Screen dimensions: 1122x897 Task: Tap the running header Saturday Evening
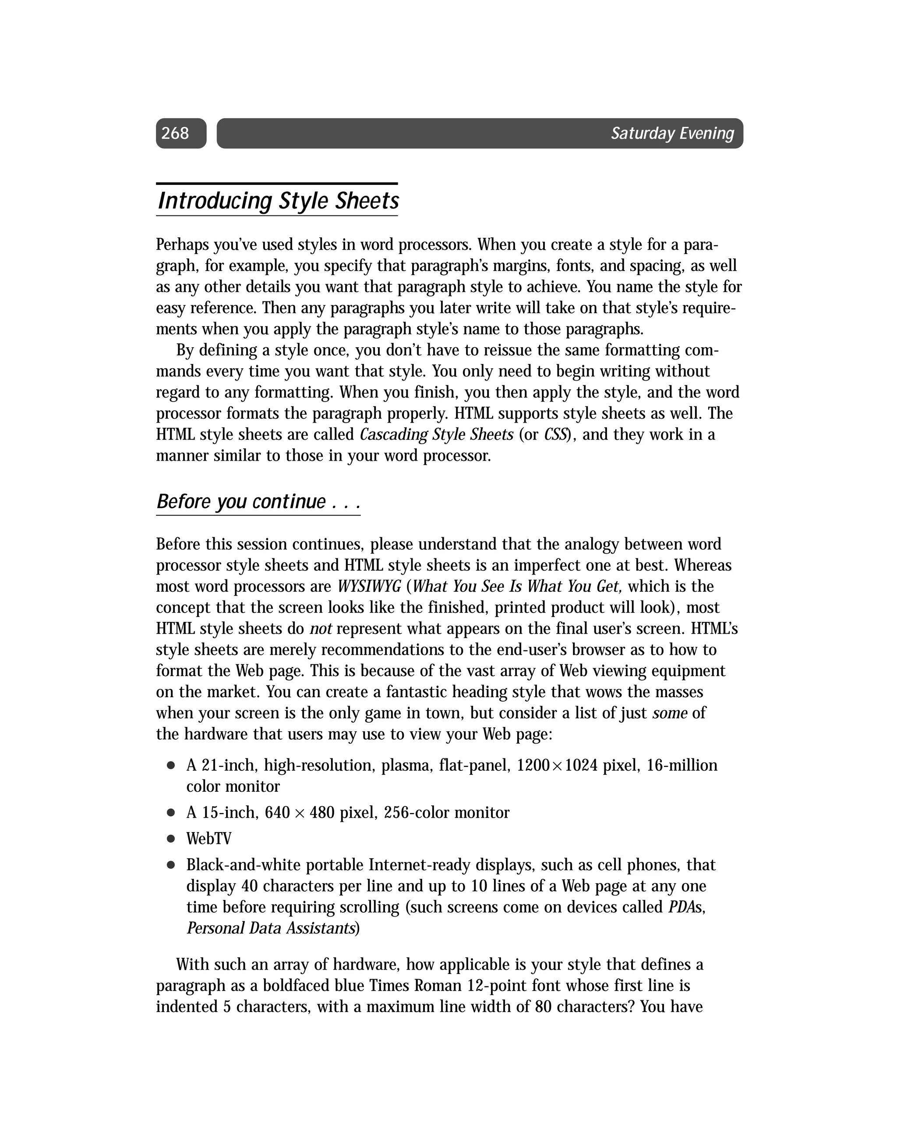click(x=672, y=134)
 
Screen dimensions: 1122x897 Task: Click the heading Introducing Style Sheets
click(x=279, y=201)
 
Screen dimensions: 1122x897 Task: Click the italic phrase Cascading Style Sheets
click(x=436, y=434)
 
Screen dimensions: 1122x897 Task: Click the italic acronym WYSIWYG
click(x=369, y=586)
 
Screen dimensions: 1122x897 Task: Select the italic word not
click(x=321, y=628)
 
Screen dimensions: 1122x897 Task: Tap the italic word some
click(x=670, y=713)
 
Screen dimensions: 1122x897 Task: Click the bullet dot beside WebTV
click(x=170, y=839)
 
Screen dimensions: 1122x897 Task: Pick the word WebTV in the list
click(x=209, y=839)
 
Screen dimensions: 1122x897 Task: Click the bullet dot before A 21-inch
click(x=170, y=766)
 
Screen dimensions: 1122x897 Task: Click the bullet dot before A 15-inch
click(x=170, y=813)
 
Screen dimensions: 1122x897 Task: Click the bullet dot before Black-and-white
click(x=170, y=865)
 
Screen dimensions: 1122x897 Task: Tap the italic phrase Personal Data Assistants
click(x=271, y=928)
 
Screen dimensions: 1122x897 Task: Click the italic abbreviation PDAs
click(x=686, y=907)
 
